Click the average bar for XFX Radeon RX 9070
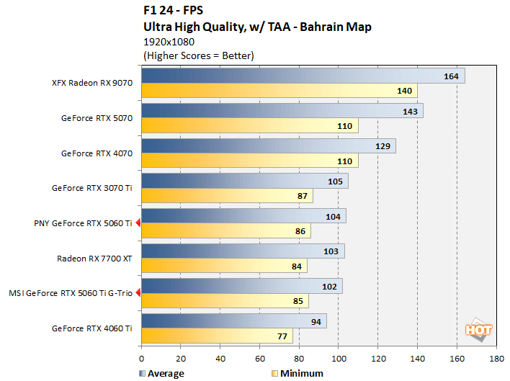coord(303,76)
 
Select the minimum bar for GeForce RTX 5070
coord(249,126)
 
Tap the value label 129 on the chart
coord(382,146)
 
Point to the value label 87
coord(302,196)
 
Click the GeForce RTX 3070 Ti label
coord(92,189)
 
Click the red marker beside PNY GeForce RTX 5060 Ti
coord(138,223)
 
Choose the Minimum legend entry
coord(297,373)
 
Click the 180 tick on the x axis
coord(496,357)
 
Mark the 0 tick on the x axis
coord(142,357)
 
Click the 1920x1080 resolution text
coord(169,42)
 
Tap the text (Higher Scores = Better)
coord(199,55)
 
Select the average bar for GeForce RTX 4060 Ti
coord(233,321)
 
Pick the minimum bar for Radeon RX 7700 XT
coord(224,266)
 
